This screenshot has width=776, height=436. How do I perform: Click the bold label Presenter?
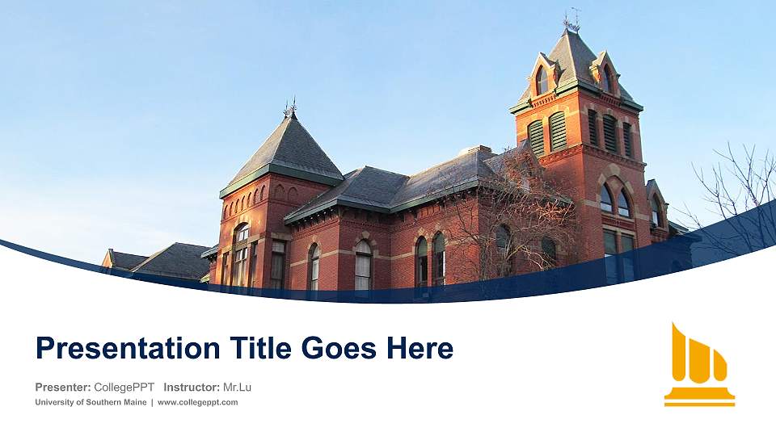pyautogui.click(x=63, y=388)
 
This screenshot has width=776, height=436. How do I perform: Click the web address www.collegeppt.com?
pyautogui.click(x=197, y=402)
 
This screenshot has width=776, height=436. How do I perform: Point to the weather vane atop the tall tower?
pyautogui.click(x=571, y=19)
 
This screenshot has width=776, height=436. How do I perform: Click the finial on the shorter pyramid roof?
pyautogui.click(x=290, y=107)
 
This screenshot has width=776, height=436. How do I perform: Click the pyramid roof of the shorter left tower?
pyautogui.click(x=288, y=149)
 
